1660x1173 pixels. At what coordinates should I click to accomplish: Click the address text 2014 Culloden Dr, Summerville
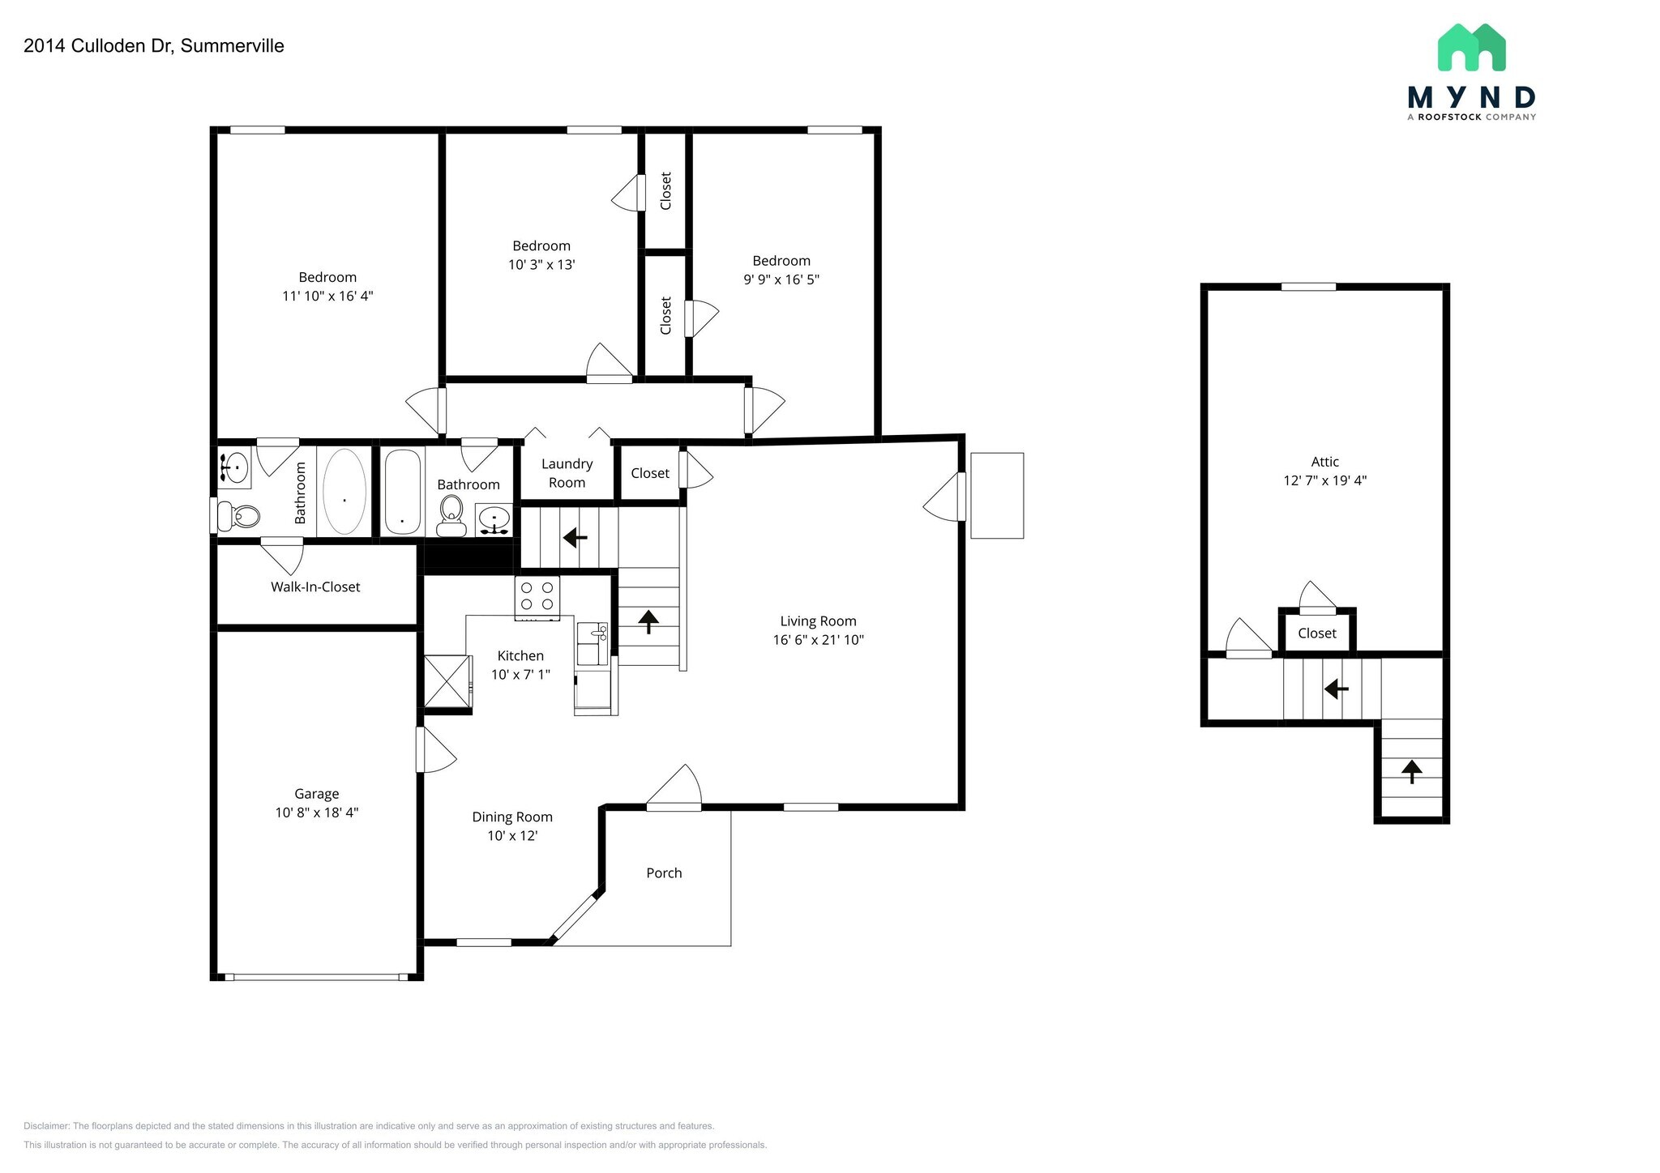[x=154, y=46]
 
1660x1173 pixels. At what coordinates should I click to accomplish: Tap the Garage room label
[x=316, y=794]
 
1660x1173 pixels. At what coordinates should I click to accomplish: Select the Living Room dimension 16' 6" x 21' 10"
[x=818, y=640]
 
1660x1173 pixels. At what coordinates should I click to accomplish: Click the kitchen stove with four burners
[x=537, y=597]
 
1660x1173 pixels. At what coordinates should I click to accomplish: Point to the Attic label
[x=1324, y=462]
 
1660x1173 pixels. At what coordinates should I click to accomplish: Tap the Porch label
[x=664, y=872]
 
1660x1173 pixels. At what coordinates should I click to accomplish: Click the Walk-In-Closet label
[x=315, y=586]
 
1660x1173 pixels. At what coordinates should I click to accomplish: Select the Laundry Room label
[x=567, y=473]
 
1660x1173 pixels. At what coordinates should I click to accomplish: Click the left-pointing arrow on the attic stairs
[x=1336, y=689]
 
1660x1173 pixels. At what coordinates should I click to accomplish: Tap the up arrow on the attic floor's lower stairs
[x=1411, y=771]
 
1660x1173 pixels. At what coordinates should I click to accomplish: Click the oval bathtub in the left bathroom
[x=344, y=492]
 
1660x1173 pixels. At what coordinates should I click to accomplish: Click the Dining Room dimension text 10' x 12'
[x=512, y=835]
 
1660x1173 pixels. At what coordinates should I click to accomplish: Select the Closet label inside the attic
[x=1316, y=633]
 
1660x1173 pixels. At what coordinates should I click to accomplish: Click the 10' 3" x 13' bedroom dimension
[x=541, y=264]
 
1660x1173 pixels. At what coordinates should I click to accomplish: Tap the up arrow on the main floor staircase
[x=648, y=621]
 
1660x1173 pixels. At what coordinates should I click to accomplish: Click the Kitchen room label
[x=520, y=655]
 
